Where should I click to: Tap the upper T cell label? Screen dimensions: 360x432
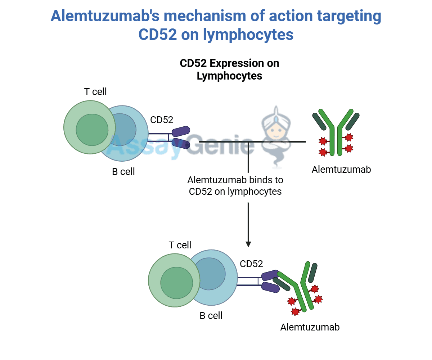95,92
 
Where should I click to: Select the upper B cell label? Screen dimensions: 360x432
123,172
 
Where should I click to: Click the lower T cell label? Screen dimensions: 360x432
180,245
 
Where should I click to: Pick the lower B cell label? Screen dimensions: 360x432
211,316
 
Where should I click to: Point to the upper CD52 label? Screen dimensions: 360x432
162,120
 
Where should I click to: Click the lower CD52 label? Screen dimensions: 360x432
251,264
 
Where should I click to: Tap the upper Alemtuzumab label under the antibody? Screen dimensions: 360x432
341,169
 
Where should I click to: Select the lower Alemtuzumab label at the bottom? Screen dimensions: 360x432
310,327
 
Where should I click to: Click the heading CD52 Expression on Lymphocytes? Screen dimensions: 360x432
229,69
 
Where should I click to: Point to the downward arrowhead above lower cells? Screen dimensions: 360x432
248,244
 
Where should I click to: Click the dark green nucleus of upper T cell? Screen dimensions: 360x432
92,130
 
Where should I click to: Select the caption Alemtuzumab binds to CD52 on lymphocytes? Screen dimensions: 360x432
235,185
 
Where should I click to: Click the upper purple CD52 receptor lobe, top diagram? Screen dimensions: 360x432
181,131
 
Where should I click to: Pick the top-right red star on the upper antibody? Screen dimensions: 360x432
349,137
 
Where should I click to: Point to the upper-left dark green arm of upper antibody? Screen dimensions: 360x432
319,122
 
